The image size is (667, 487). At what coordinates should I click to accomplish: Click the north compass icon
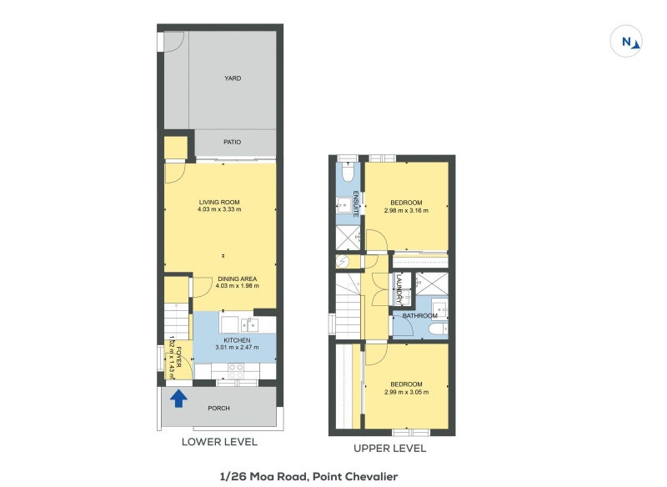(x=626, y=41)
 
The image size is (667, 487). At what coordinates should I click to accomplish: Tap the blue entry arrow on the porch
(x=178, y=399)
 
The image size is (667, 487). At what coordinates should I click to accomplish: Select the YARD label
(x=233, y=78)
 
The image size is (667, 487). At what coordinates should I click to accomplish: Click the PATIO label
(x=233, y=142)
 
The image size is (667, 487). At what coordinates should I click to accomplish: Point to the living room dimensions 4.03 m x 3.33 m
(x=219, y=209)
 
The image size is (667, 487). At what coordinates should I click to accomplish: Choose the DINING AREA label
(x=238, y=279)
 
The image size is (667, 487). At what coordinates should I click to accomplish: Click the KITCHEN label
(x=237, y=340)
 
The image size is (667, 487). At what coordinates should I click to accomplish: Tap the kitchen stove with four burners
(x=236, y=371)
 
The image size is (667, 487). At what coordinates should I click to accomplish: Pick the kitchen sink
(x=249, y=325)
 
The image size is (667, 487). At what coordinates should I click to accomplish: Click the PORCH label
(x=218, y=409)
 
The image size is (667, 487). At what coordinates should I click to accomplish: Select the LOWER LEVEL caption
(x=219, y=442)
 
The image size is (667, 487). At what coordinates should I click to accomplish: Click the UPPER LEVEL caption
(x=389, y=449)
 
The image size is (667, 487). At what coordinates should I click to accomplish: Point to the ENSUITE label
(x=357, y=204)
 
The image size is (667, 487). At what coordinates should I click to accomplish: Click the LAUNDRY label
(x=399, y=289)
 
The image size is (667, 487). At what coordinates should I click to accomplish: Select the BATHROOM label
(x=420, y=315)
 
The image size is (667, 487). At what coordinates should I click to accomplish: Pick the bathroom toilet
(x=439, y=329)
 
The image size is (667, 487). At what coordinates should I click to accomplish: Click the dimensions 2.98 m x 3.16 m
(x=406, y=210)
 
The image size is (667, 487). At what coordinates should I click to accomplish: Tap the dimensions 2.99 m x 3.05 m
(x=406, y=392)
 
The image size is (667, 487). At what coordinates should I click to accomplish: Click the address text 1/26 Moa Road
(x=263, y=477)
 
